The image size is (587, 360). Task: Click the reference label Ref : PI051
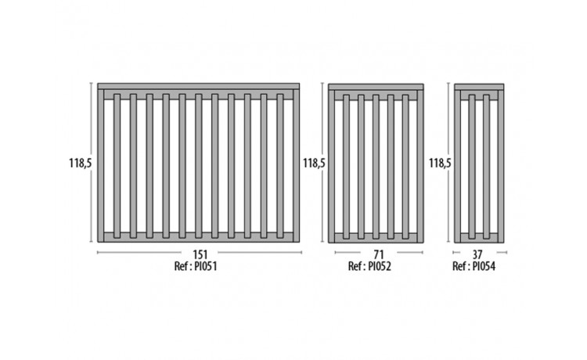198,266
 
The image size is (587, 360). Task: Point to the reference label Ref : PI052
376,266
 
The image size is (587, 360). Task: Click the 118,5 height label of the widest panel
81,163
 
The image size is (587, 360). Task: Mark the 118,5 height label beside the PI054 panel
440,163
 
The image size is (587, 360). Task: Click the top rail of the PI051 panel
198,86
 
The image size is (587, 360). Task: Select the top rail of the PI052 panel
376,87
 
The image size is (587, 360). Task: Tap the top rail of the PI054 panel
480,87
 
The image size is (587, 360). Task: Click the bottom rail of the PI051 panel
198,236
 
